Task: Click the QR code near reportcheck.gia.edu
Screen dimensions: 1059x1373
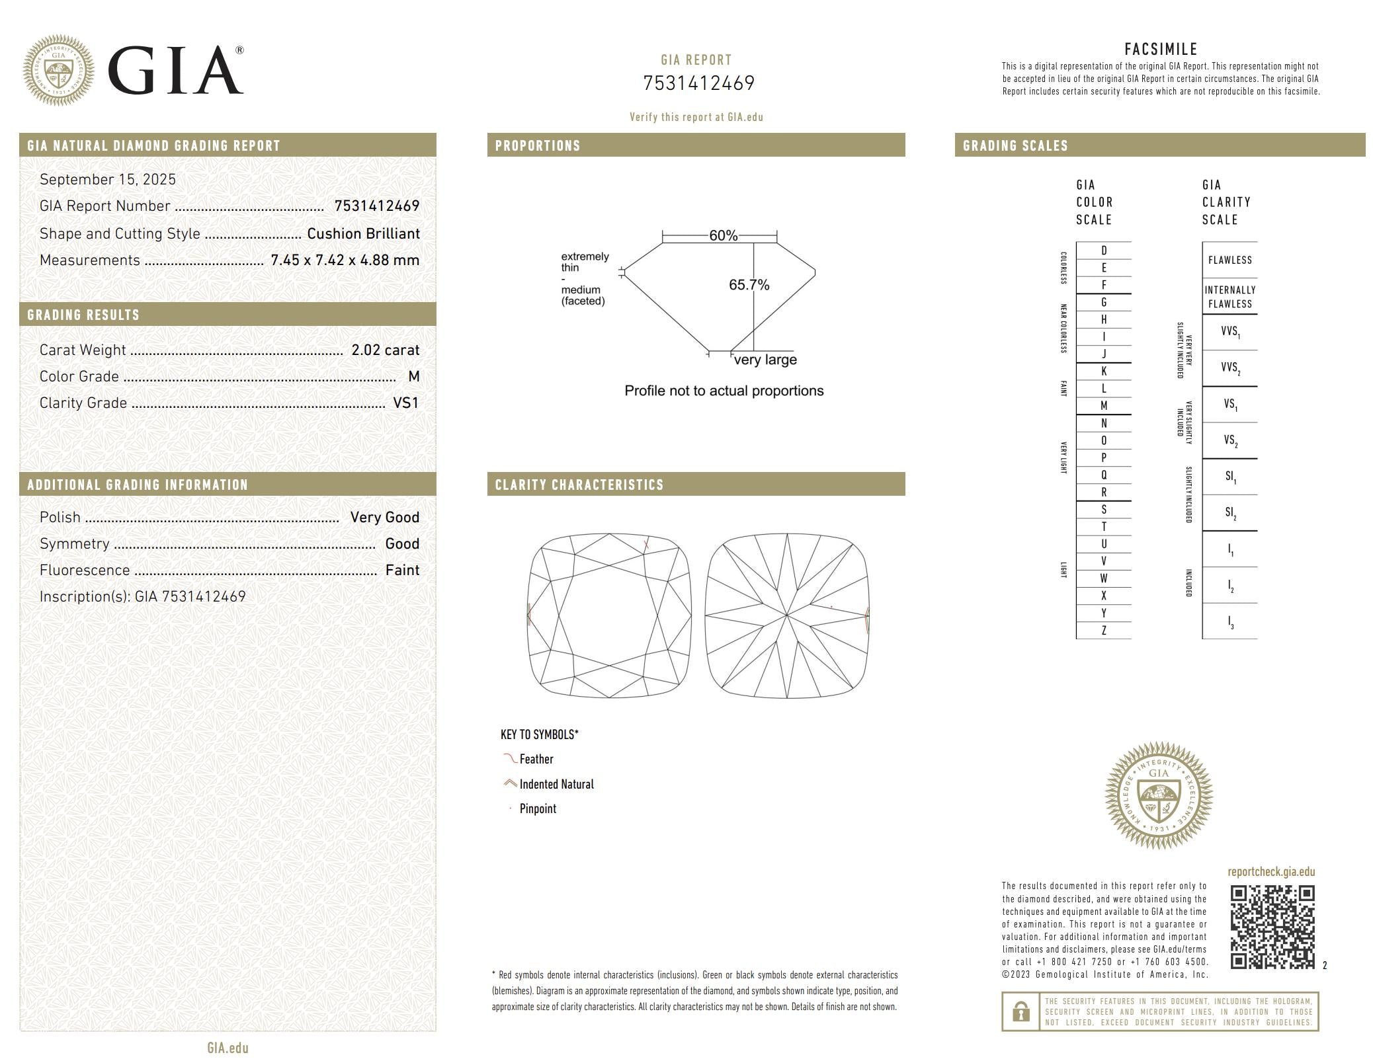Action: click(x=1271, y=927)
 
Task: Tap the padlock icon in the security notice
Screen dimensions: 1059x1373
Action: click(x=1020, y=1011)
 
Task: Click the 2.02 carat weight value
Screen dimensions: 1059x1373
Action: click(x=385, y=350)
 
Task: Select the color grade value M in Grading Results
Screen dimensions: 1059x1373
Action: click(x=414, y=376)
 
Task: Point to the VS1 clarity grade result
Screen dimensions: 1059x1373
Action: click(x=405, y=403)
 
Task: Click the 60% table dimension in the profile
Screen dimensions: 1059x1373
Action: click(x=722, y=236)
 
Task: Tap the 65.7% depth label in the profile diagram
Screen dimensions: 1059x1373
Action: click(x=749, y=285)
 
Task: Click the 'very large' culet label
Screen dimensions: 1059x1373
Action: click(x=765, y=360)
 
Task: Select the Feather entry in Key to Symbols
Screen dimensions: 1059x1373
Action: click(x=536, y=759)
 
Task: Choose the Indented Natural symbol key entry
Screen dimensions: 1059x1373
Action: click(x=556, y=784)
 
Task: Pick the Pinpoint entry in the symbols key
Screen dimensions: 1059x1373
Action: click(x=537, y=808)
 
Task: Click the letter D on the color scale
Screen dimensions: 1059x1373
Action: click(x=1103, y=251)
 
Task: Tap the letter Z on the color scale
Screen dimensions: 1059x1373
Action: click(x=1103, y=631)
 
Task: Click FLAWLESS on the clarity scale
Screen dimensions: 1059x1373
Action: click(x=1229, y=260)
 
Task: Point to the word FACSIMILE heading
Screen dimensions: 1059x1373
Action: click(x=1161, y=49)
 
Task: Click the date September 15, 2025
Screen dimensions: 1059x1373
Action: click(x=108, y=179)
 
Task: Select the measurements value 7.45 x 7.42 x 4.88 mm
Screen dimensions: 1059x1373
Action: click(x=345, y=260)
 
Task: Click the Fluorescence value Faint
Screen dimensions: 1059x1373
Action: click(x=402, y=570)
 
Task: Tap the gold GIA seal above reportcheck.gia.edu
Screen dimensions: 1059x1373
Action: click(x=1158, y=795)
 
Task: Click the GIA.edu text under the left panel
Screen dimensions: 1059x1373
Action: click(x=228, y=1048)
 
